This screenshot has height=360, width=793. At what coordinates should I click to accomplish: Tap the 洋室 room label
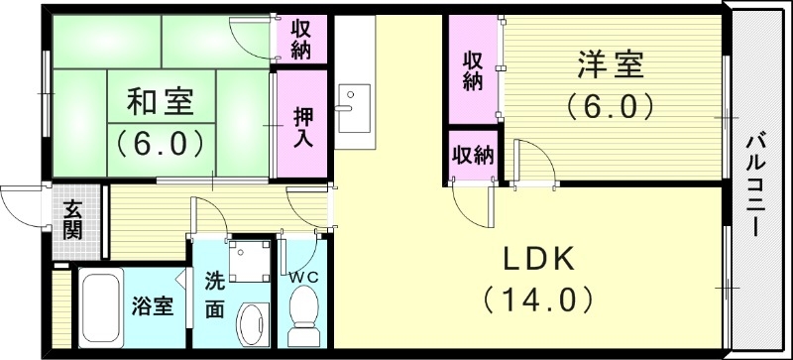610,66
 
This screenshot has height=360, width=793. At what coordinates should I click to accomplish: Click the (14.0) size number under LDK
537,298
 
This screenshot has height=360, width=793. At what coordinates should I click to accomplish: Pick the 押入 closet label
302,126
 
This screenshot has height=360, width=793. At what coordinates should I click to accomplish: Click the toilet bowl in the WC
298,317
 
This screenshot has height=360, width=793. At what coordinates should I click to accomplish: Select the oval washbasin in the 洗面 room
252,323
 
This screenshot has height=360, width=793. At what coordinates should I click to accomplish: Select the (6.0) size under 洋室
610,104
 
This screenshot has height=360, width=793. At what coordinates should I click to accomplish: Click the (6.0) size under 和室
160,142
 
